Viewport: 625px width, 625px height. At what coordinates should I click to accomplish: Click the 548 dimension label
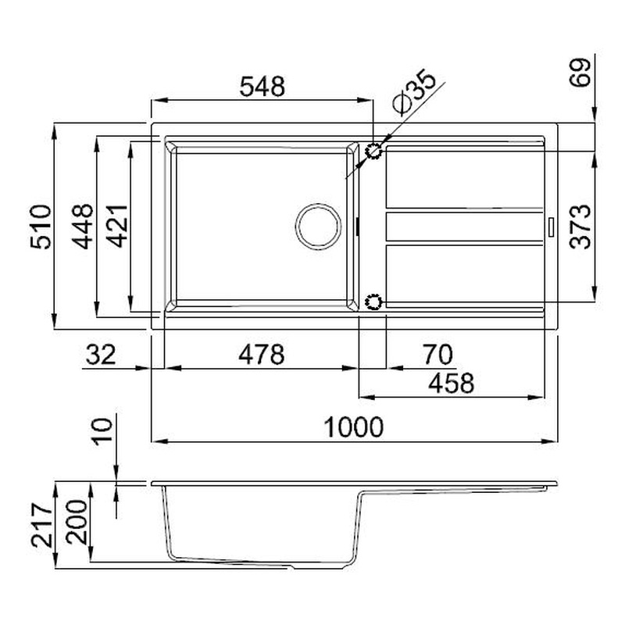pos(262,87)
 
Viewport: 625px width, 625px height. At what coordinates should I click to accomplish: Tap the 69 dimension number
pos(580,72)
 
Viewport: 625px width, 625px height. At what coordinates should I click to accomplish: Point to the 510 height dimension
pos(41,227)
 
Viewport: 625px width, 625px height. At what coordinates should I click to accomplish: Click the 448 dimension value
pos(83,227)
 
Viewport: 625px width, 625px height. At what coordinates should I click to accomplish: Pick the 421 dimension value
pos(117,226)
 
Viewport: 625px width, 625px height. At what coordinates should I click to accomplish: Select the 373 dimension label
pos(580,227)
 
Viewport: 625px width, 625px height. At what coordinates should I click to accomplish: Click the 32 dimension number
pos(101,355)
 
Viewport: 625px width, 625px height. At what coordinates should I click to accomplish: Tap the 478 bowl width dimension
pos(262,355)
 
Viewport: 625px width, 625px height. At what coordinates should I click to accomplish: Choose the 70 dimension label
pos(437,355)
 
